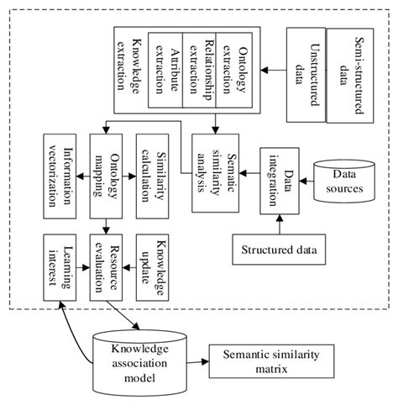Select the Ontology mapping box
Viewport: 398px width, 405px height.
click(106, 176)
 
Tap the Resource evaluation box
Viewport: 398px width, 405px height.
click(106, 268)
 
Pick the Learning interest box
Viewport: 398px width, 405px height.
click(60, 268)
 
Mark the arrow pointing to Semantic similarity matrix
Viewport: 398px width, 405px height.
click(200, 363)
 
